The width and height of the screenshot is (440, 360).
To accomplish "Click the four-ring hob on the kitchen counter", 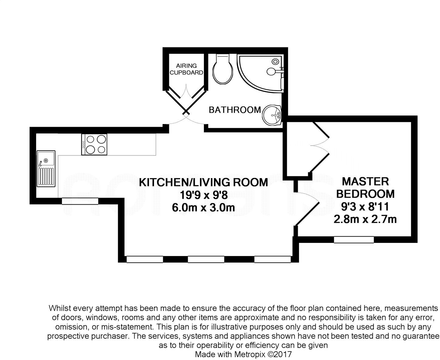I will tap(94, 144).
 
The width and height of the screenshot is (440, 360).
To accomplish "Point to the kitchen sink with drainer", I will tap(46, 168).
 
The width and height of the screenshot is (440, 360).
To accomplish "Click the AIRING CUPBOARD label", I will tap(186, 69).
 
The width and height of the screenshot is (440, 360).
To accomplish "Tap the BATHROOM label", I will tap(235, 110).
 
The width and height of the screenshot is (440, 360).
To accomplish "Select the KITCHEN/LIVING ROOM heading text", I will tap(203, 182).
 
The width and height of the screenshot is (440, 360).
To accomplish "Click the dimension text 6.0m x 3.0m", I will tap(203, 208).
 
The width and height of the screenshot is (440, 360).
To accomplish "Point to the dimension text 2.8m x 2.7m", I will tap(365, 219).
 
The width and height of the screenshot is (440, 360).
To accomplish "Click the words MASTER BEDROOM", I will tap(365, 188).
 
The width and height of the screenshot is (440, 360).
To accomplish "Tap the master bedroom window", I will tap(354, 240).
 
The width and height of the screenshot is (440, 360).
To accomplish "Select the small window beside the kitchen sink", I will tap(80, 201).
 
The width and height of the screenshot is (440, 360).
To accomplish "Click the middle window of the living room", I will tap(206, 259).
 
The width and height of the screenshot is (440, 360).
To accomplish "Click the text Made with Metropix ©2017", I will tap(243, 354).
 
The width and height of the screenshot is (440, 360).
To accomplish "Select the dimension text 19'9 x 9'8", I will tap(203, 195).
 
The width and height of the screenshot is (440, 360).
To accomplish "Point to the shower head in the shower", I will tap(275, 61).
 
